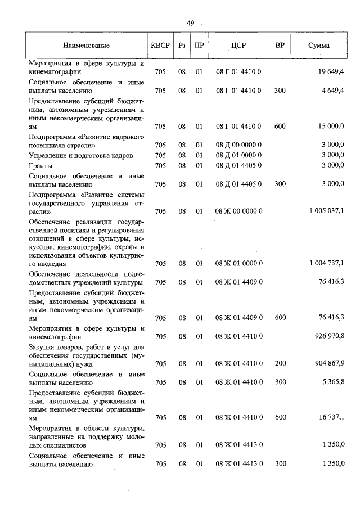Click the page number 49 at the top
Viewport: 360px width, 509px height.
(x=190, y=23)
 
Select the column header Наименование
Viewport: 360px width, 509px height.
(x=86, y=46)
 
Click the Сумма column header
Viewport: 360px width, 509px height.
(x=318, y=46)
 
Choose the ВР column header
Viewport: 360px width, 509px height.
(x=280, y=46)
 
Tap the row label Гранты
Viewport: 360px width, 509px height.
(x=40, y=165)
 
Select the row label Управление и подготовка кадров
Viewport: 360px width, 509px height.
(x=80, y=155)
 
